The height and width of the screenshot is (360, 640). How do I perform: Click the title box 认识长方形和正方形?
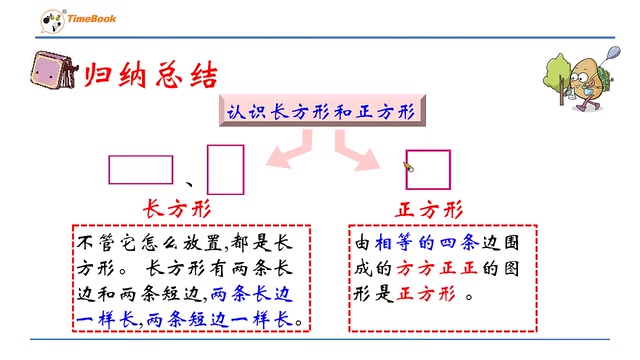tap(319, 112)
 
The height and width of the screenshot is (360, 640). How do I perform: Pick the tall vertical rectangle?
tap(225, 168)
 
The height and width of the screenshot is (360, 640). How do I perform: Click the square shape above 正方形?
tap(428, 169)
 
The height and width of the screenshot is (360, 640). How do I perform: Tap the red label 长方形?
tap(177, 209)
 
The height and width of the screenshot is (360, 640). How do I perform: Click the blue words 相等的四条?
tap(424, 243)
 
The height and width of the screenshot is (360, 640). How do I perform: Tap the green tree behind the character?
tap(560, 70)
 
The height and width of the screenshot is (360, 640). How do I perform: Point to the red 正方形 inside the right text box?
tap(427, 295)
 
